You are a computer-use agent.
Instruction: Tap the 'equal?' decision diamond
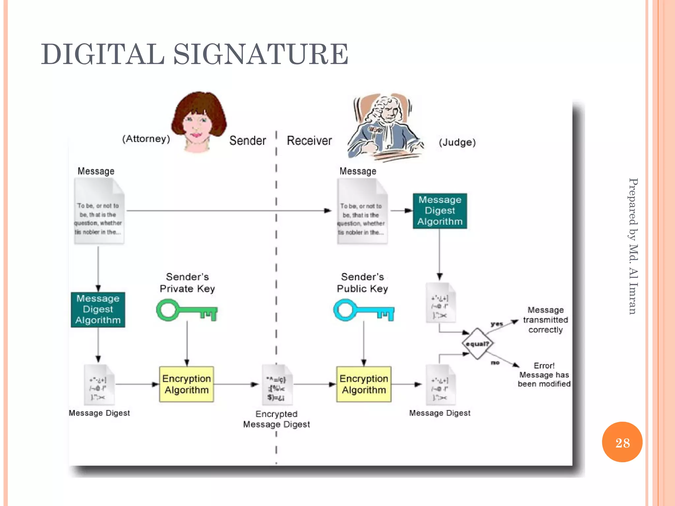click(478, 344)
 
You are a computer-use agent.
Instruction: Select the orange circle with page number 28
click(622, 442)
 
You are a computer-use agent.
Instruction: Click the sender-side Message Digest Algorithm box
click(98, 309)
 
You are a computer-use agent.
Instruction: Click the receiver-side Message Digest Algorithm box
click(440, 211)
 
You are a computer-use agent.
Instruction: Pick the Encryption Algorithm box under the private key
click(187, 384)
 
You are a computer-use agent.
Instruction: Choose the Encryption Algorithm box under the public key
click(364, 384)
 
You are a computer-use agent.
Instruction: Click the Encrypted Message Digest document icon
click(277, 385)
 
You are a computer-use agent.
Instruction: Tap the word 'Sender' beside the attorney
click(248, 141)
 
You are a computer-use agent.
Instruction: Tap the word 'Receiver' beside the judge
click(309, 141)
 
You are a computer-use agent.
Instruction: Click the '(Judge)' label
click(457, 142)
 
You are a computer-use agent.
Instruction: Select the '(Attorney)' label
click(146, 139)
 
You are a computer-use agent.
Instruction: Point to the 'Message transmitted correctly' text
click(545, 320)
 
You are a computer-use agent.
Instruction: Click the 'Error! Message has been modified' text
click(544, 375)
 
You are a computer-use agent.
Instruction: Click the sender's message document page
click(99, 211)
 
